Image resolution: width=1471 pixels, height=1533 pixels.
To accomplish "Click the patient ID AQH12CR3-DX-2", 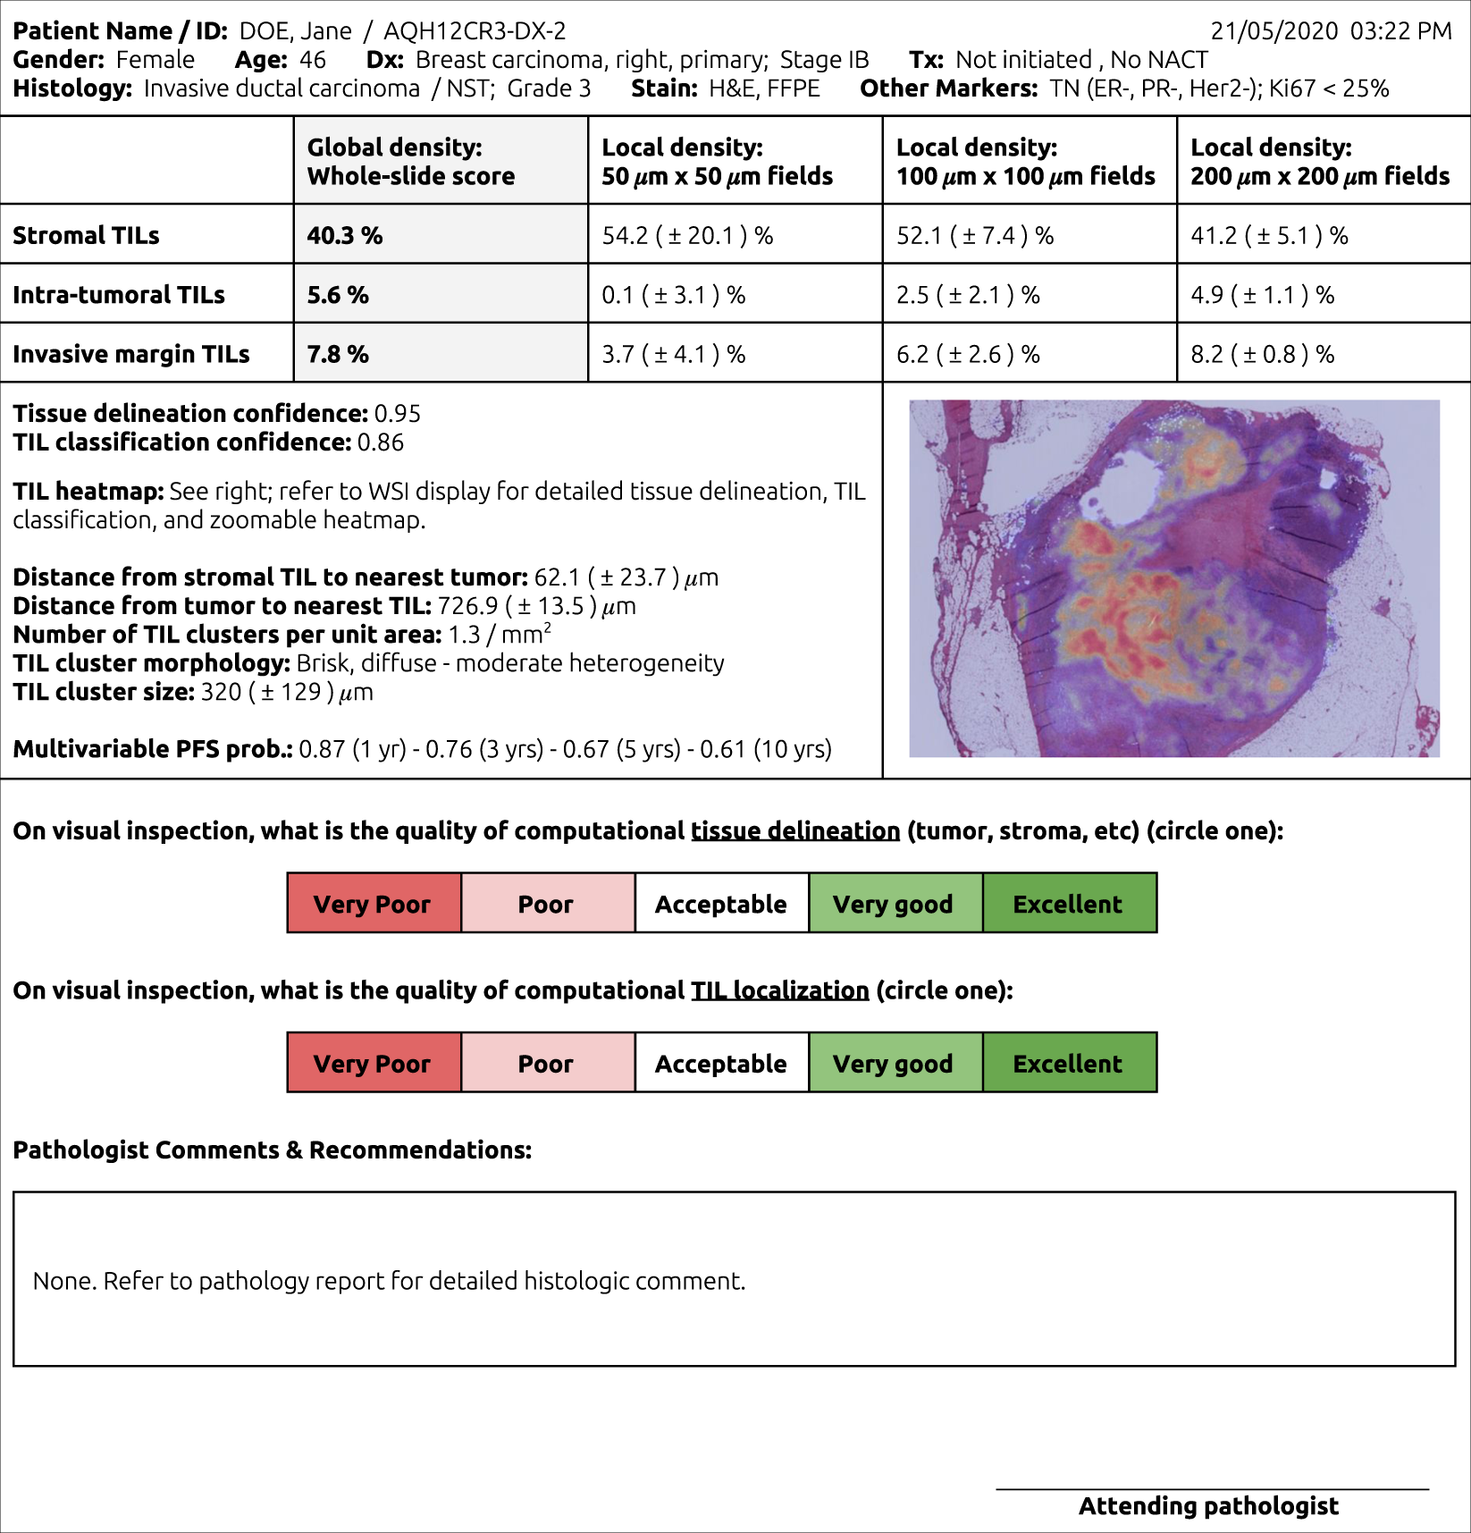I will point(474,31).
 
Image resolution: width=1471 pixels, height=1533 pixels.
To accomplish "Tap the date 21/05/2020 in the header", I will point(1273,31).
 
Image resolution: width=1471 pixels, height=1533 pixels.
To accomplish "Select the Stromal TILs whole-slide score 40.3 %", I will point(345,235).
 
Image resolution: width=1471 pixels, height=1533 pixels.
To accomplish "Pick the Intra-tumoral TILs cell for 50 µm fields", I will point(673,295).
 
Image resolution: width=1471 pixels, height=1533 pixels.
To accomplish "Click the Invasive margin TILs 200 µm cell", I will point(1262,354).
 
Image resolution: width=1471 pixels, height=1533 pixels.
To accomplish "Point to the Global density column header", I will point(411,161).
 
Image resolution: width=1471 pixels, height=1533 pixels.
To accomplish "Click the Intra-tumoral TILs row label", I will point(119,295).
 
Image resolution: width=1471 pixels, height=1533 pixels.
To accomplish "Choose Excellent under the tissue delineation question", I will point(1069,904).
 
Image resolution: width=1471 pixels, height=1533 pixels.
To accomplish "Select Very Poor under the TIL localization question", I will point(373,1064).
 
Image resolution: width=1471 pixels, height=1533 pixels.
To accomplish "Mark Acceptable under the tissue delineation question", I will point(720,904).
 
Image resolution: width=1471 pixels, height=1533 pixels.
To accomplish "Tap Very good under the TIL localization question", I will point(894,1064).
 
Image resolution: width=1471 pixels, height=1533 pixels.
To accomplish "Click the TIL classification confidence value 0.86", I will point(380,442).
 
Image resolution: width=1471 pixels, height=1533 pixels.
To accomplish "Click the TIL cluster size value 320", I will point(221,692).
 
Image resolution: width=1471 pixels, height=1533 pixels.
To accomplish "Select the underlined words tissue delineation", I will point(795,831).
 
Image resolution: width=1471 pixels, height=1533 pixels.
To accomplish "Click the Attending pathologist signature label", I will point(1208,1506).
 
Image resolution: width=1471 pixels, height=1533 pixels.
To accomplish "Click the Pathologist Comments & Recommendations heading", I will point(273,1150).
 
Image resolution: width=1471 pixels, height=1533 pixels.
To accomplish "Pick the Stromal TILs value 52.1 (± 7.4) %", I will point(975,235).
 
